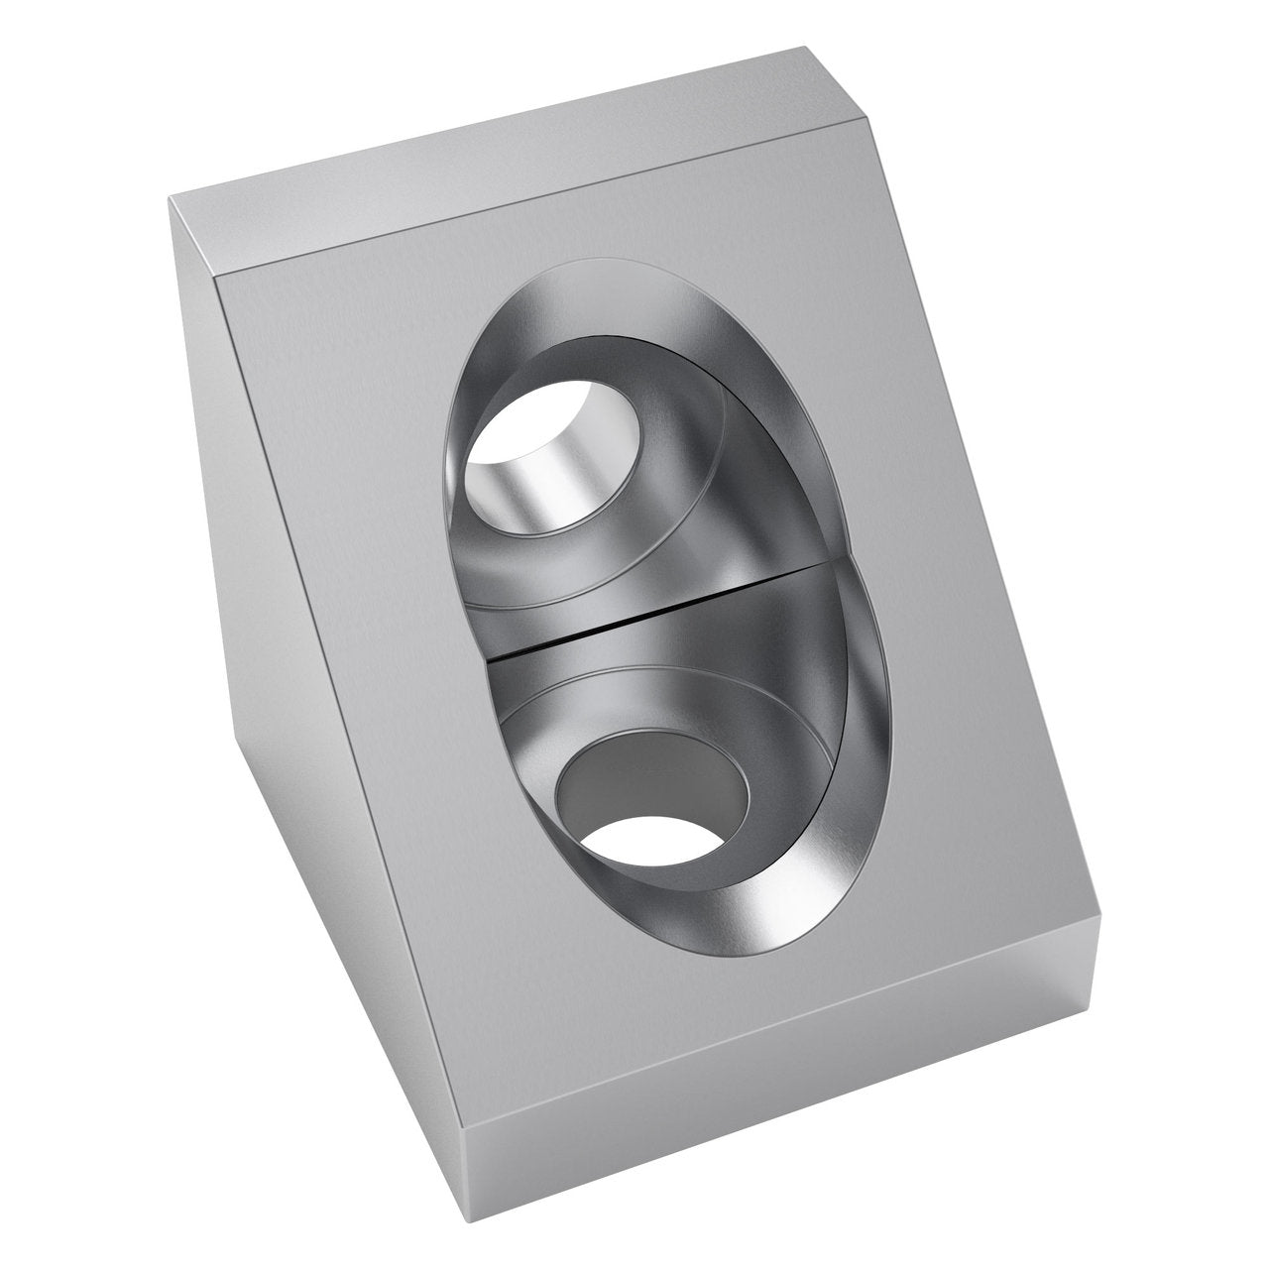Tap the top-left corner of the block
pos(171,197)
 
